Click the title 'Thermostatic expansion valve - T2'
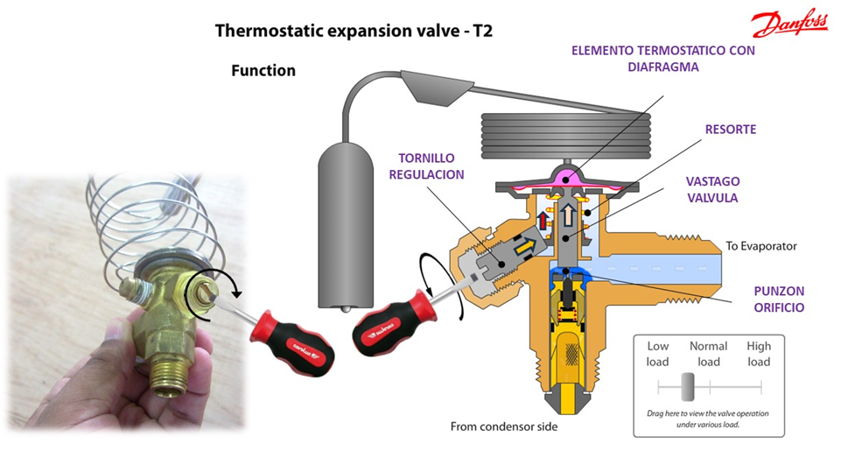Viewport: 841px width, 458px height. tap(360, 32)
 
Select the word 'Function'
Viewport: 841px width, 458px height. tap(263, 70)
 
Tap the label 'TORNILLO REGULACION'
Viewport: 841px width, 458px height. tap(429, 166)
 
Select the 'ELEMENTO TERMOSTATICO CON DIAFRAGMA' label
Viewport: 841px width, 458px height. tap(662, 58)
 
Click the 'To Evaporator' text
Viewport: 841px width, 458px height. tap(761, 246)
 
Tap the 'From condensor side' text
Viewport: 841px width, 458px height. tap(503, 427)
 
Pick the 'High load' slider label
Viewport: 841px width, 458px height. tap(759, 354)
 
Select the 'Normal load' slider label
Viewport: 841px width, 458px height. tap(708, 354)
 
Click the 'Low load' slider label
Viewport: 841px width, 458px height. tap(657, 354)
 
